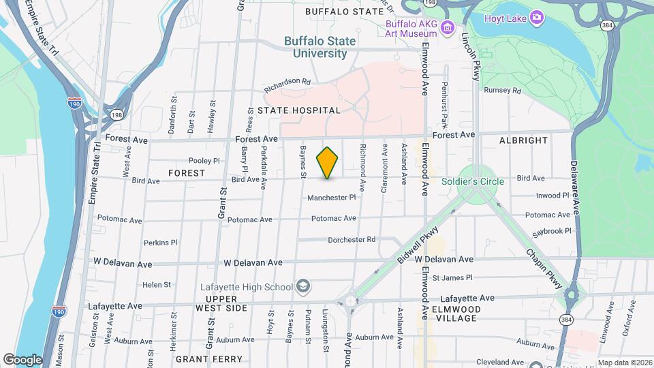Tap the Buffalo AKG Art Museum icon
click(x=447, y=27)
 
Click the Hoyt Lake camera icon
click(x=537, y=17)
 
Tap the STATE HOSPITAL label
click(x=298, y=110)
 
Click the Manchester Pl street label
click(x=332, y=198)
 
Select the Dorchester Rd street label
click(x=352, y=240)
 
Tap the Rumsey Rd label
click(x=502, y=90)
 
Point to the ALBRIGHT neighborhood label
click(x=524, y=140)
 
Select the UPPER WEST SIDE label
click(x=221, y=304)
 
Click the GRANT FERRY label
click(x=208, y=358)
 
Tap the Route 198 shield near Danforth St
click(x=119, y=114)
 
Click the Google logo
click(x=22, y=359)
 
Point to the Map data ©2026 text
click(x=624, y=363)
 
